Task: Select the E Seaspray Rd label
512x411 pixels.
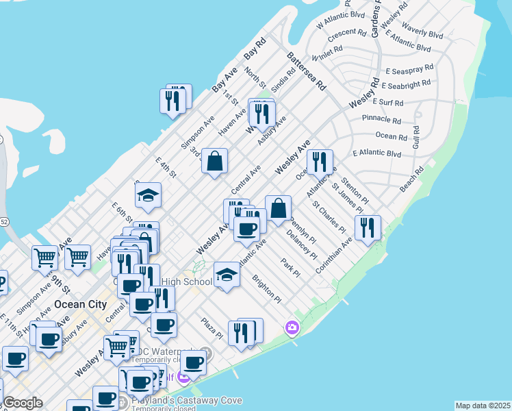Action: pyautogui.click(x=409, y=69)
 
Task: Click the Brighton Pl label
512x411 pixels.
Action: pyautogui.click(x=266, y=290)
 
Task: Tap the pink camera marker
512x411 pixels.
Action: pyautogui.click(x=292, y=329)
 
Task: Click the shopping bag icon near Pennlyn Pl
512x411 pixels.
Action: pyautogui.click(x=279, y=209)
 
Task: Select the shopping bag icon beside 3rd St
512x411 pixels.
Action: pyautogui.click(x=215, y=162)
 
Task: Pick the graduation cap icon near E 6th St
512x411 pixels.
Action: pyautogui.click(x=148, y=196)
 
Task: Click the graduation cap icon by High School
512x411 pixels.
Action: pyautogui.click(x=227, y=275)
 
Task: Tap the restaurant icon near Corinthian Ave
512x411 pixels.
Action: pyautogui.click(x=368, y=227)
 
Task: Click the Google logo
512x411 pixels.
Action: pyautogui.click(x=23, y=403)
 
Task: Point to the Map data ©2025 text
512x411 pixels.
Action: pyautogui.click(x=483, y=406)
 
